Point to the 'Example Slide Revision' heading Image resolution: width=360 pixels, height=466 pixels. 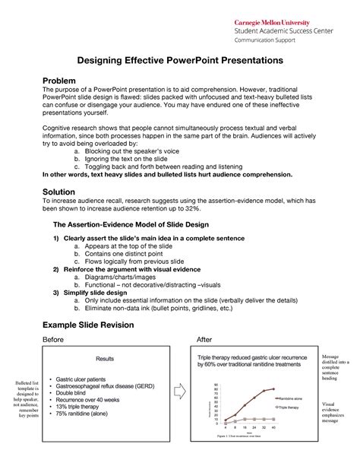tap(87, 325)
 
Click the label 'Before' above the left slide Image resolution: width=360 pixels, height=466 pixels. tap(53, 339)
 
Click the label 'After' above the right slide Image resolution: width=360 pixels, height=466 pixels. tap(204, 339)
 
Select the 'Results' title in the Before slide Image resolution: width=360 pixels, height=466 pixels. tap(104, 358)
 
